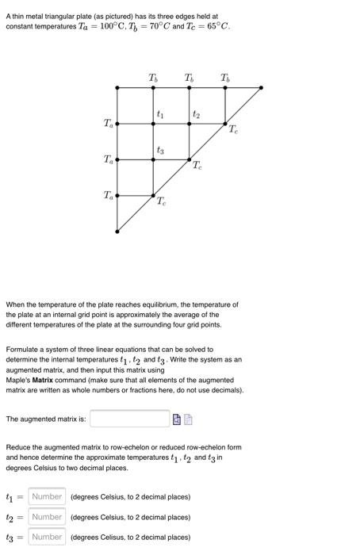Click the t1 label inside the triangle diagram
click(160, 116)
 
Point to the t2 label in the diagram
click(195, 116)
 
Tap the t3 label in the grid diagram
click(160, 150)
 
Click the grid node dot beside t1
click(154, 124)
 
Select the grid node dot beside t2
click(190, 124)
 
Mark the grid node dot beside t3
click(154, 159)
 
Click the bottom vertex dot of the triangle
click(117, 232)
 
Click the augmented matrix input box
click(129, 418)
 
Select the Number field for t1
click(47, 497)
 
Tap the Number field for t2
click(47, 517)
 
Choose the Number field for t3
click(47, 537)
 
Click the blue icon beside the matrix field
click(177, 419)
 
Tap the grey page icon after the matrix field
click(189, 419)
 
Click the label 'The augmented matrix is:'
click(45, 419)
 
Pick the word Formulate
click(24, 349)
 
